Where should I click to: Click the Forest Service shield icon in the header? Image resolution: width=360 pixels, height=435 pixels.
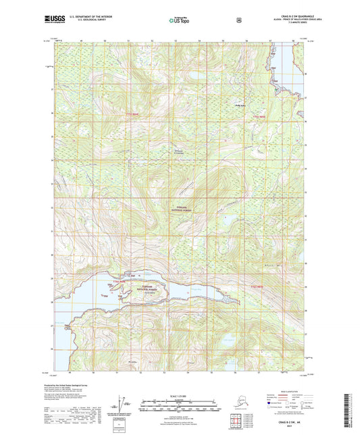[238, 20]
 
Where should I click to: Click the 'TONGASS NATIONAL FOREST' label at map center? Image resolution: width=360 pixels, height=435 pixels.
[180, 209]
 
